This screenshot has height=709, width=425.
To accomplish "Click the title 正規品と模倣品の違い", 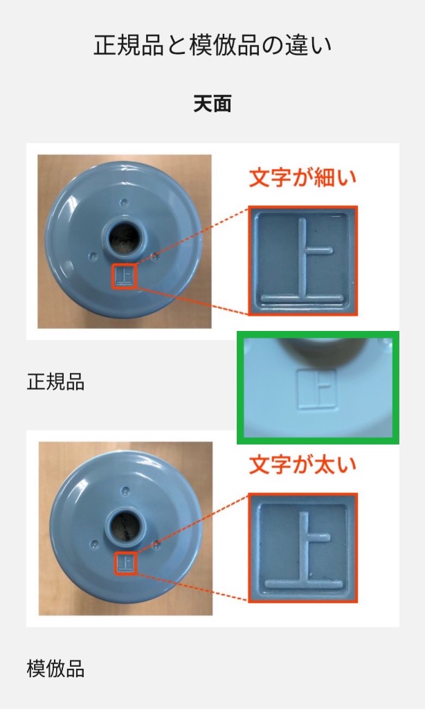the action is (x=212, y=46).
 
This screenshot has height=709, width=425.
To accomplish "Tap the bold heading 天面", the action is (x=212, y=104).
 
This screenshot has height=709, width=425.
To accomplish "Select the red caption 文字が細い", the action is (x=302, y=178).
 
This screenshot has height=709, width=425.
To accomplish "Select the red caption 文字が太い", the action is (x=302, y=465).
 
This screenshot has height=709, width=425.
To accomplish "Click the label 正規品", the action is (x=55, y=382).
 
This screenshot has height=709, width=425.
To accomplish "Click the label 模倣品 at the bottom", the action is (x=55, y=669).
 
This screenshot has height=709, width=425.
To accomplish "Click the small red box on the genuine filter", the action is (x=125, y=276).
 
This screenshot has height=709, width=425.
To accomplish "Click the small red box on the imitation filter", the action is (x=126, y=562).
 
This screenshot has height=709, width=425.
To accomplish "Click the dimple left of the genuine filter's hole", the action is (x=93, y=256).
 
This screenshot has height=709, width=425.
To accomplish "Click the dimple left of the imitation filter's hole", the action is (x=95, y=543).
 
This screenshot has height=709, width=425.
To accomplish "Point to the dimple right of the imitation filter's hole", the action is (x=156, y=544).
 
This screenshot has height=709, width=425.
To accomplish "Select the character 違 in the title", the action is (x=296, y=46).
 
